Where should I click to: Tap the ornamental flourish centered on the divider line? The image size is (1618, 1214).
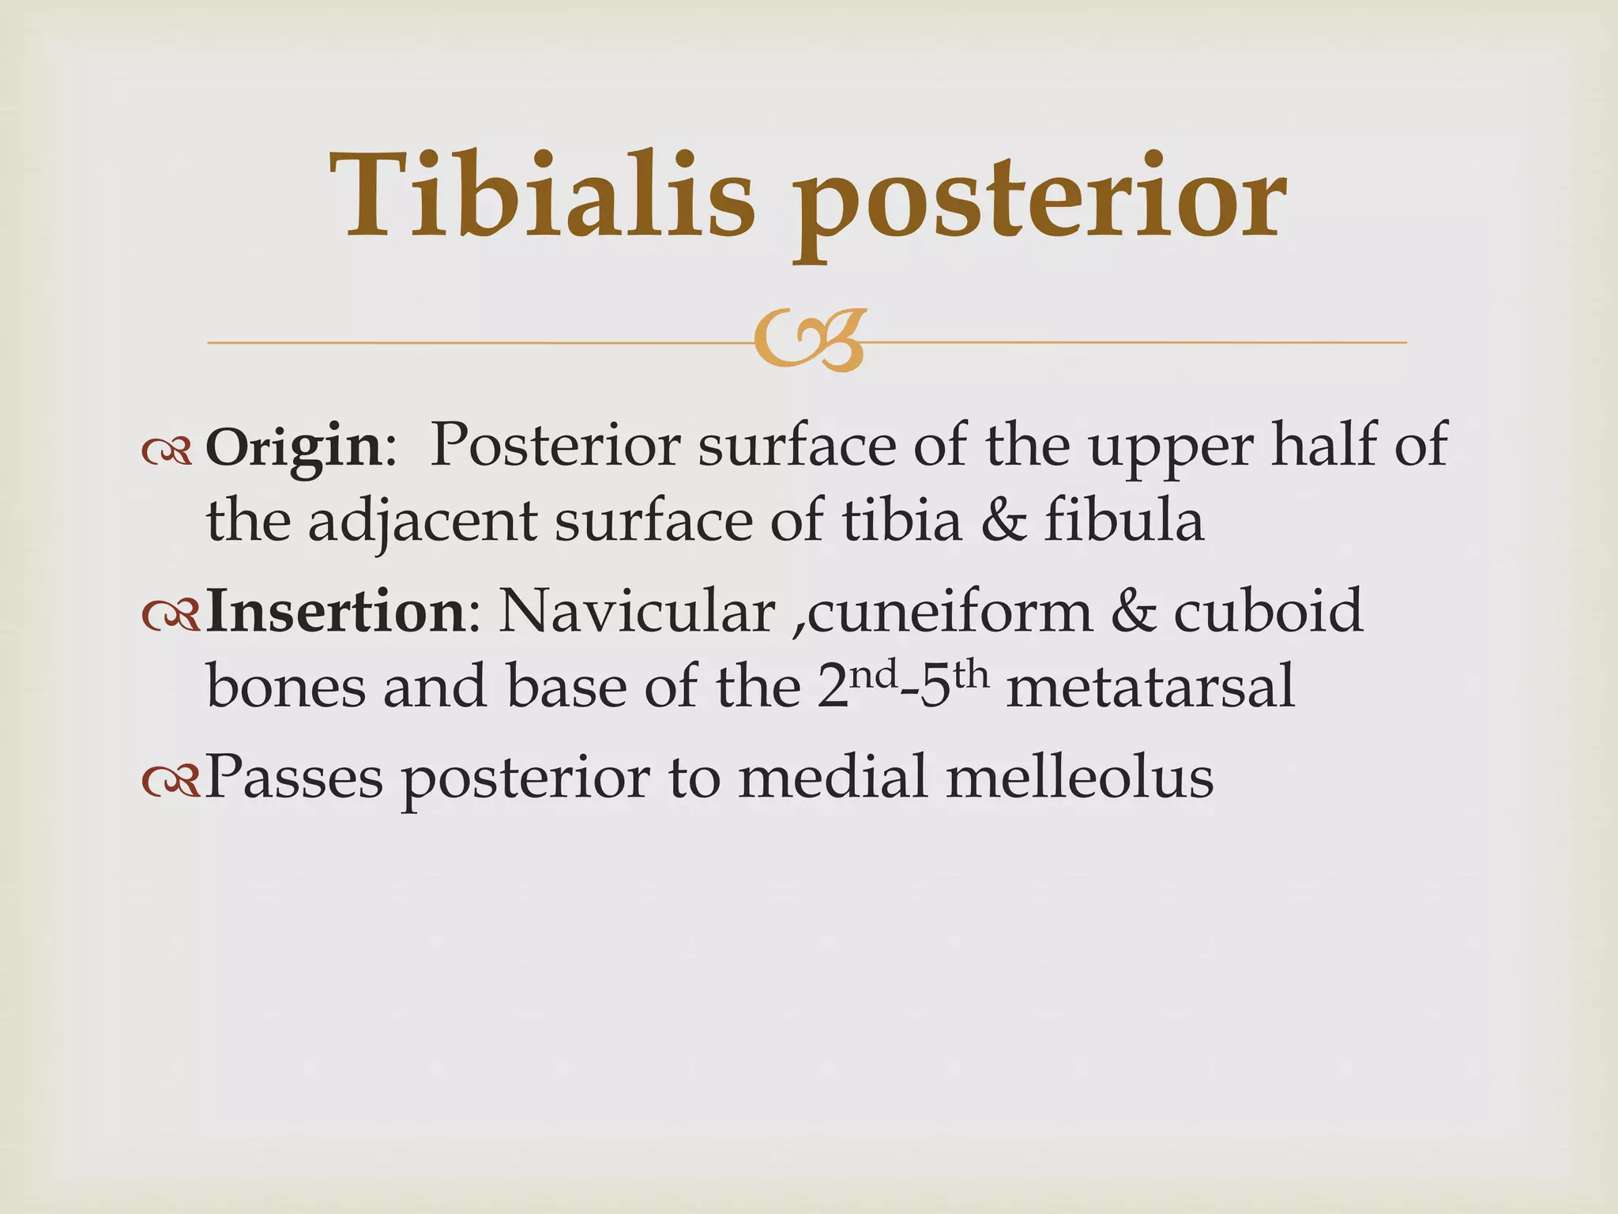point(808,341)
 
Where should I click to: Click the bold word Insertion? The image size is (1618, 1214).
point(336,613)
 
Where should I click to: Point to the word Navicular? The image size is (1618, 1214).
point(637,613)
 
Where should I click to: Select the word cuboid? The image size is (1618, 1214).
point(1268,613)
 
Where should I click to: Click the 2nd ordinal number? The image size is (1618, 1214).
point(858,684)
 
